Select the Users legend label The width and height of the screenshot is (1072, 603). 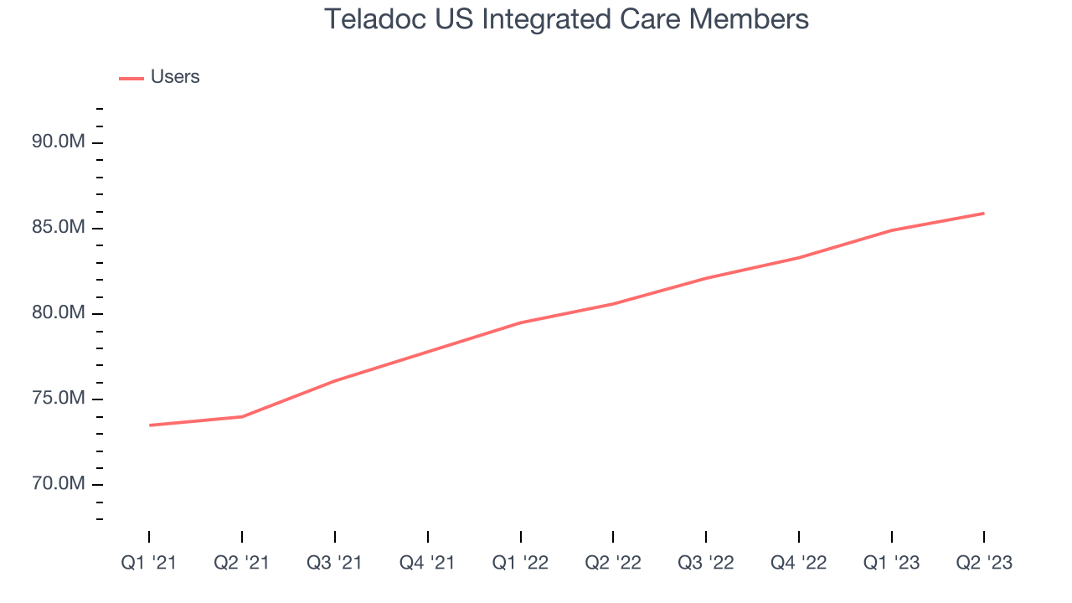(x=175, y=77)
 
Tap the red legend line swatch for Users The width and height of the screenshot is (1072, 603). (x=131, y=78)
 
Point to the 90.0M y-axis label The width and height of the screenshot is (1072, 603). (x=59, y=142)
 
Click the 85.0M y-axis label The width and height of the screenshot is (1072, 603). (x=59, y=228)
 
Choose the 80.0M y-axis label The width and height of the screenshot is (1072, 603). (x=59, y=313)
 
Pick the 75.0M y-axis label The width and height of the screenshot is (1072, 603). (x=59, y=399)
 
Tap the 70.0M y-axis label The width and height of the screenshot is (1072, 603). (x=59, y=484)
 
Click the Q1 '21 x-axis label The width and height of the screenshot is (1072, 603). (x=149, y=564)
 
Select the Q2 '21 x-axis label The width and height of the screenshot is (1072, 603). (x=242, y=564)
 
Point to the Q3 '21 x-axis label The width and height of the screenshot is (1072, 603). (x=335, y=564)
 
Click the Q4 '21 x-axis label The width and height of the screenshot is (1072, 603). (x=427, y=564)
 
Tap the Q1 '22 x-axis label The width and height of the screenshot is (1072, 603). (x=520, y=564)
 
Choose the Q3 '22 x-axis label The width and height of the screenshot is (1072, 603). (x=706, y=564)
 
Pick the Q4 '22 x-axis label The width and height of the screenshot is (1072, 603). (x=798, y=564)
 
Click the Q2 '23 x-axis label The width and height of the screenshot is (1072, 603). (x=984, y=564)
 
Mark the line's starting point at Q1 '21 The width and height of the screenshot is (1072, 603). (x=149, y=425)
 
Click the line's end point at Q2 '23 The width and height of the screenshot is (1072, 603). (x=984, y=213)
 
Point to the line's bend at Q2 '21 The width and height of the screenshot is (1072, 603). (x=242, y=416)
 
